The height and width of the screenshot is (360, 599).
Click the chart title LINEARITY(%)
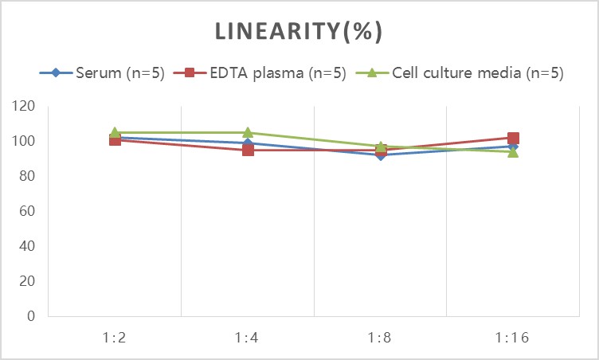[299, 32]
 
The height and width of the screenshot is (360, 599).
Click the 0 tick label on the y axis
[31, 316]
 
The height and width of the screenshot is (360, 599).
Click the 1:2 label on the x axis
[115, 338]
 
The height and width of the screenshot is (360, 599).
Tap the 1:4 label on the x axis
[248, 338]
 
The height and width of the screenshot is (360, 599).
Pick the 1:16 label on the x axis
[513, 338]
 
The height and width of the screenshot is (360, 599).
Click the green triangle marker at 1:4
[248, 132]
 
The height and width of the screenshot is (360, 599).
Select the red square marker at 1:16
[513, 138]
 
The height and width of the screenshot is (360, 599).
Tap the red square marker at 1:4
[248, 150]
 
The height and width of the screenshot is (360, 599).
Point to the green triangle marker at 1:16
[513, 151]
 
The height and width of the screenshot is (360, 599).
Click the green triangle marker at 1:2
[115, 132]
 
